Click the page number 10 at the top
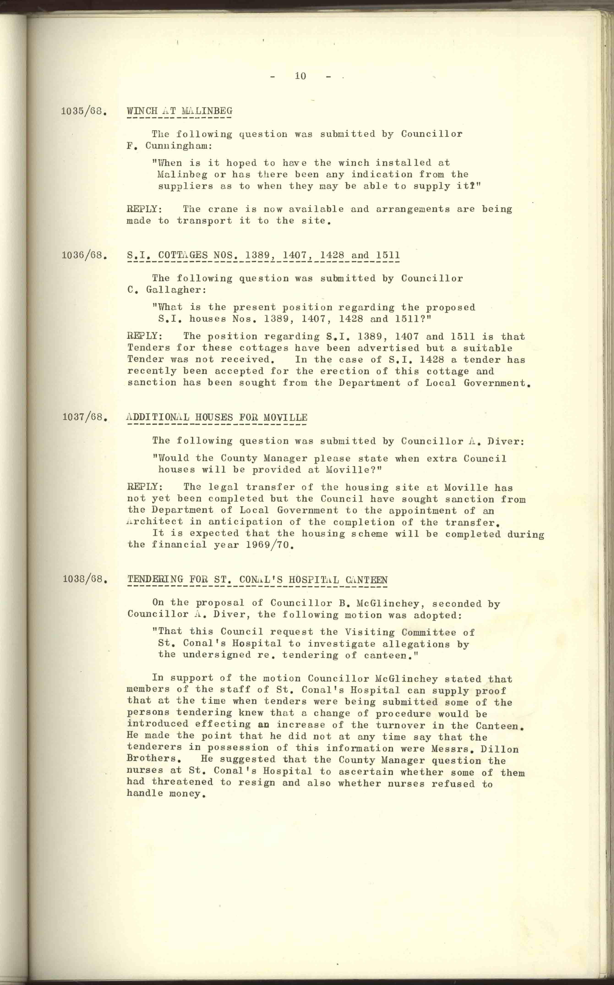click(x=300, y=76)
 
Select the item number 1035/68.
click(x=84, y=111)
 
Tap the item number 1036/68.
click(x=84, y=255)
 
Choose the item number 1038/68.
click(x=85, y=579)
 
